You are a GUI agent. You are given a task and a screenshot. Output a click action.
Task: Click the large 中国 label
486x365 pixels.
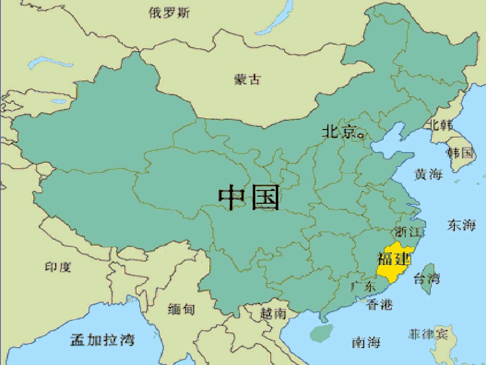click(x=250, y=198)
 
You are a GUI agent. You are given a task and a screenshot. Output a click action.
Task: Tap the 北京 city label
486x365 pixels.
click(x=339, y=132)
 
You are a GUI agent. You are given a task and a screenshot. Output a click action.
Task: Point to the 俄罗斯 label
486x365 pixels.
click(x=169, y=13)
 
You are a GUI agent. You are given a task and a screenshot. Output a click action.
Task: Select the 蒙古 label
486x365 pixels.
click(x=248, y=79)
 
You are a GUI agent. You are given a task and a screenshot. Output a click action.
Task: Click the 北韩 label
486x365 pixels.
click(x=440, y=124)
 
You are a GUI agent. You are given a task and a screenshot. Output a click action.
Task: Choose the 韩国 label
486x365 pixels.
click(x=460, y=152)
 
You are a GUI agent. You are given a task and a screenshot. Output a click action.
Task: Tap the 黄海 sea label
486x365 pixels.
click(x=428, y=174)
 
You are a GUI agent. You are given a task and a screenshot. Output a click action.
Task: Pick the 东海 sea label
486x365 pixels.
click(x=461, y=225)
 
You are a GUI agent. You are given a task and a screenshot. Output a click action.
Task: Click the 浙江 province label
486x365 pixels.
click(x=407, y=232)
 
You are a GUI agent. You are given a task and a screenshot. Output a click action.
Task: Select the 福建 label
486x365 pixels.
click(x=394, y=257)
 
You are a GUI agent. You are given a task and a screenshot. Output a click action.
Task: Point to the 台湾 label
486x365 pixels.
click(x=426, y=279)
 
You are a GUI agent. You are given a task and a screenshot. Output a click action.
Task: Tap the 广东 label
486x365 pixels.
click(x=363, y=286)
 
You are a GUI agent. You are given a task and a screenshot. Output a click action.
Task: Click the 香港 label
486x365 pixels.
click(x=380, y=305)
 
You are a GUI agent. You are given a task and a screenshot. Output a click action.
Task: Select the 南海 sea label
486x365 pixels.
click(x=366, y=342)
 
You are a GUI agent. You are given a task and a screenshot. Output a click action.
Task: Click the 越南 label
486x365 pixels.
click(x=273, y=313)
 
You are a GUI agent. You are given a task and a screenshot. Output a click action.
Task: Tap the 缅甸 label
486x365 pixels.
click(x=181, y=309)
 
